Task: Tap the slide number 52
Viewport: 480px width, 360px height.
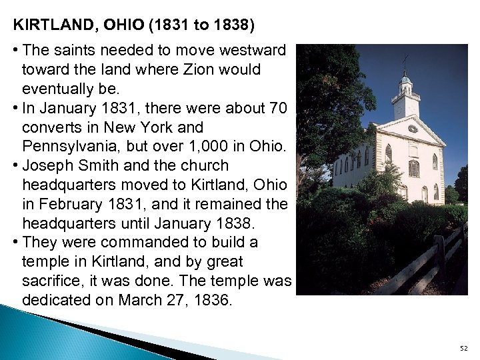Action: [464, 349]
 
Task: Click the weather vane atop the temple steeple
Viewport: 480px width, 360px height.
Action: [405, 61]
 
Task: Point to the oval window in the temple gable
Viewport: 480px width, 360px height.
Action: [413, 128]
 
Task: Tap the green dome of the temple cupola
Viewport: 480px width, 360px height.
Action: [405, 80]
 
